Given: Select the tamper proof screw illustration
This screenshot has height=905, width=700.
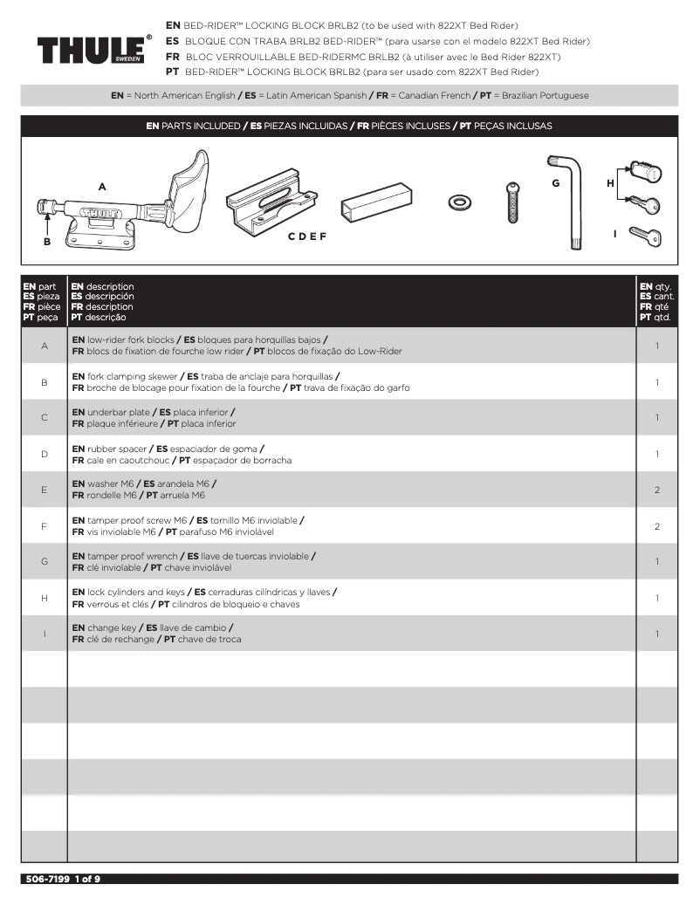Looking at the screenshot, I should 513,203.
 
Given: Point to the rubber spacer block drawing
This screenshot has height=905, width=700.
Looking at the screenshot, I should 375,203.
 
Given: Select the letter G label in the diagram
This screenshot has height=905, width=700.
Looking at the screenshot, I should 555,183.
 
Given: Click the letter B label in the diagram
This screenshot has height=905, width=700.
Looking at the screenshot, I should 47,242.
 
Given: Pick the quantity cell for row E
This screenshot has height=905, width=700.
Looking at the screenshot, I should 656,490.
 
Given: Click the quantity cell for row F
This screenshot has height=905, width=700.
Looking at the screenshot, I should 656,526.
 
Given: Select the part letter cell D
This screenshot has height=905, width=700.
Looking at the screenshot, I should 44,455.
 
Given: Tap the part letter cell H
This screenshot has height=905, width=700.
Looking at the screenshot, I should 44,598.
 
